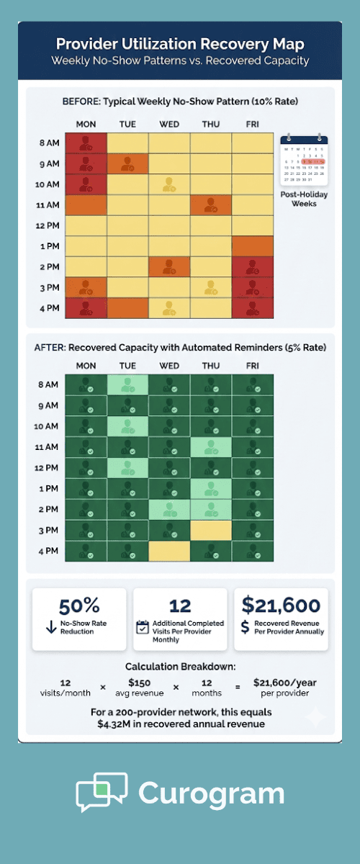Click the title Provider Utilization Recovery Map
coord(180,45)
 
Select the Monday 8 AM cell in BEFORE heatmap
coord(86,143)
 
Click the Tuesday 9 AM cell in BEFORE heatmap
coord(127,163)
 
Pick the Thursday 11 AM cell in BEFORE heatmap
coord(211,205)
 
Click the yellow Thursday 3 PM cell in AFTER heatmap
coord(211,530)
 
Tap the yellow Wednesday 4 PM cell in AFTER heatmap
coord(169,551)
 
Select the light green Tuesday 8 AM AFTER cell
coord(127,384)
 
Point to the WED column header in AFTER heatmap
coord(169,366)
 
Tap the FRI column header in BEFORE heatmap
coord(253,124)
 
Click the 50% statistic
coord(79,606)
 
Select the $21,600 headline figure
coord(281,606)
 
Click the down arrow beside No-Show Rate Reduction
coord(51,627)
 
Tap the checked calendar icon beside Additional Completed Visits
coord(143,627)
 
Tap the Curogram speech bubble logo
coord(102,792)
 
